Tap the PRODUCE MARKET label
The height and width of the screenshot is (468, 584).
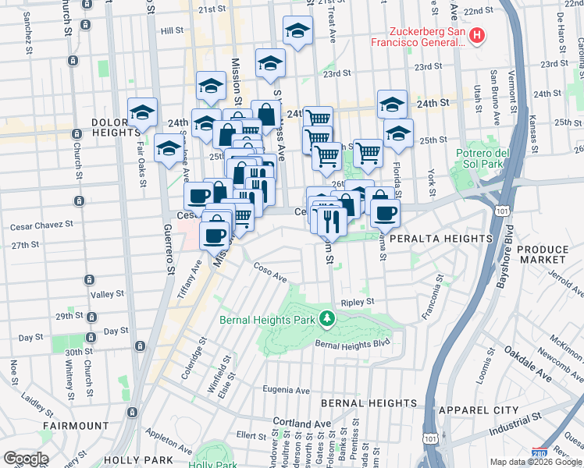pos(543,253)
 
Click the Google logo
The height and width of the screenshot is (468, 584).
pos(25,459)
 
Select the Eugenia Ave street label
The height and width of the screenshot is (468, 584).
pos(286,391)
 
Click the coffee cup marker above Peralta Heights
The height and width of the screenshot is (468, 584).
pos(384,213)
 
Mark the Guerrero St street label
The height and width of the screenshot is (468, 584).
pos(166,250)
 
